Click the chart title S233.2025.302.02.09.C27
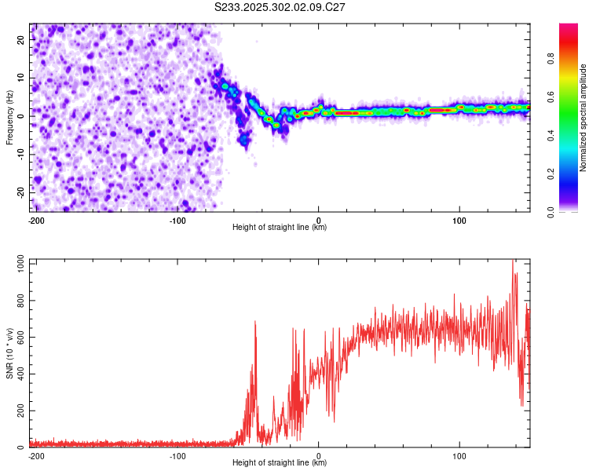point(280,7)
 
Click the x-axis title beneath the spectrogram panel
point(280,228)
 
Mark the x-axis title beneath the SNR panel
point(280,463)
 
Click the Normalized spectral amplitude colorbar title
point(583,118)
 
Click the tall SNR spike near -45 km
point(255,322)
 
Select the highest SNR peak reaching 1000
point(514,261)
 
